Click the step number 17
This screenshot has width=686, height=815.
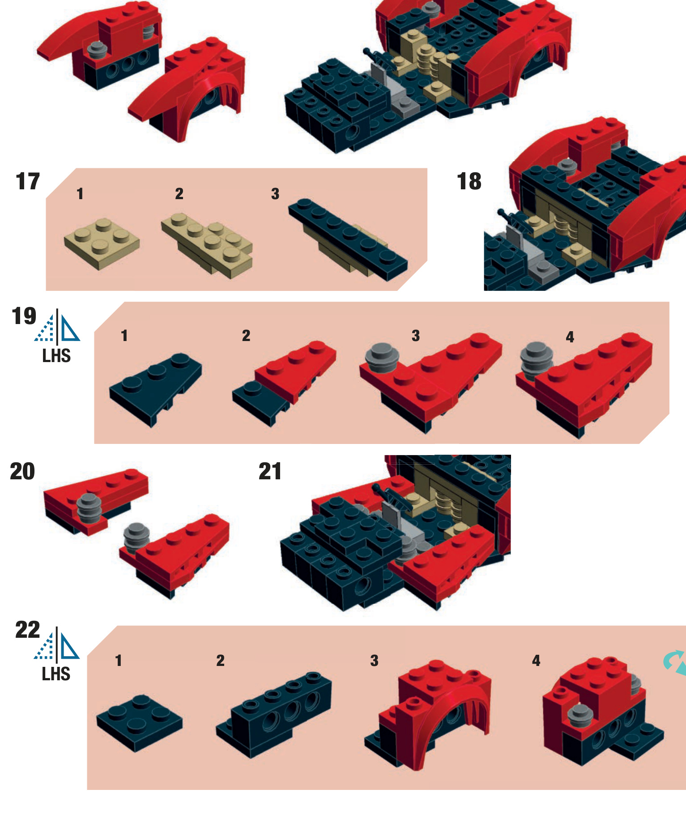[x=28, y=181]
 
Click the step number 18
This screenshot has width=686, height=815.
[x=469, y=181]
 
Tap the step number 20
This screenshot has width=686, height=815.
[x=22, y=471]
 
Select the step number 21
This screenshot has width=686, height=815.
[x=270, y=471]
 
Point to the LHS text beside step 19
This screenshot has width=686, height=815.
[x=56, y=356]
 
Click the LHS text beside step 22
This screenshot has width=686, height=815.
[x=56, y=674]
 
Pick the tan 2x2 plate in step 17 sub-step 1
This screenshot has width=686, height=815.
[x=102, y=243]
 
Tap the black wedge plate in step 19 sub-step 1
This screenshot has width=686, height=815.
[x=156, y=388]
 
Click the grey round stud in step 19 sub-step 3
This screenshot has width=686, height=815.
[x=382, y=357]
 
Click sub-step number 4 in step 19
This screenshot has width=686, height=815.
[x=570, y=337]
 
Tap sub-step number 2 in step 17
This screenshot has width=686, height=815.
[x=179, y=194]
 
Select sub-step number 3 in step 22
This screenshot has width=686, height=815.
[x=375, y=661]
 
